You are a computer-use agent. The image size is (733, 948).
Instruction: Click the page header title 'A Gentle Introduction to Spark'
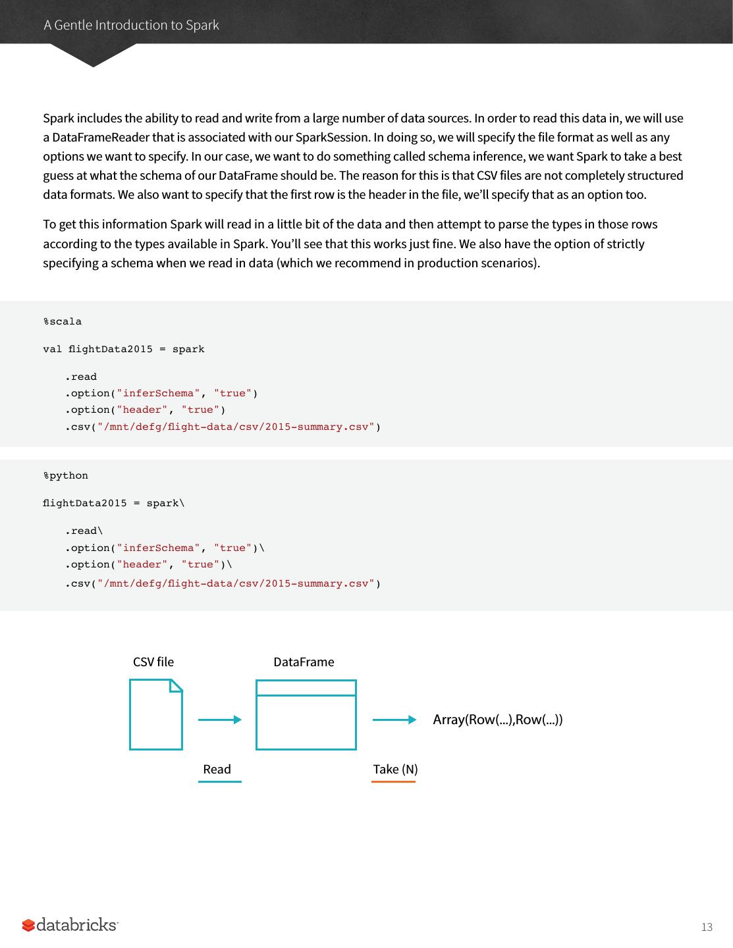[131, 25]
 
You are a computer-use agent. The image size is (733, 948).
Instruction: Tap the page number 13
[707, 927]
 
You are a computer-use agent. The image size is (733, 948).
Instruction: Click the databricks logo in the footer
[70, 925]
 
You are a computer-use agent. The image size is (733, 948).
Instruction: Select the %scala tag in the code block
[63, 321]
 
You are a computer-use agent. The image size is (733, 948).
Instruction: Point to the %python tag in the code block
[65, 475]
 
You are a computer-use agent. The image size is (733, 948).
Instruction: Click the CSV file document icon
[156, 715]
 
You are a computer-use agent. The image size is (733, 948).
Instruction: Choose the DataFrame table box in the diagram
[306, 715]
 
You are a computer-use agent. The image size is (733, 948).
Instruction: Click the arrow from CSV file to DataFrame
[220, 720]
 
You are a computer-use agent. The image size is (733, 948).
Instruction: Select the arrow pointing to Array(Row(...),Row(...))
[394, 720]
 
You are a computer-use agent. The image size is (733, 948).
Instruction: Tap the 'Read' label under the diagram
[217, 769]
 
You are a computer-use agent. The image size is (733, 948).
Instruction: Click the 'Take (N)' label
[395, 769]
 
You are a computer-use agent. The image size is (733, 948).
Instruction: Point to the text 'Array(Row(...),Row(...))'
[498, 720]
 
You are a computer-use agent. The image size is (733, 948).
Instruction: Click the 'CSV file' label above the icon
[153, 662]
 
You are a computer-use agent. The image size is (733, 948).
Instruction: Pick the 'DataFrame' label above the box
[304, 662]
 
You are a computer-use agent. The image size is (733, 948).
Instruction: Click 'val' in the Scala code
[52, 349]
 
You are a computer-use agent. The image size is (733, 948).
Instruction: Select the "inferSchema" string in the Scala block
[158, 393]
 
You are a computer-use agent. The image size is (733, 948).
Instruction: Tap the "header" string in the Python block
[142, 564]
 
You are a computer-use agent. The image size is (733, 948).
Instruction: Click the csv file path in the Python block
[236, 583]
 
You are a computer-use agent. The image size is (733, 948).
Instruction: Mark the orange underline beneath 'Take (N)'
[393, 781]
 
